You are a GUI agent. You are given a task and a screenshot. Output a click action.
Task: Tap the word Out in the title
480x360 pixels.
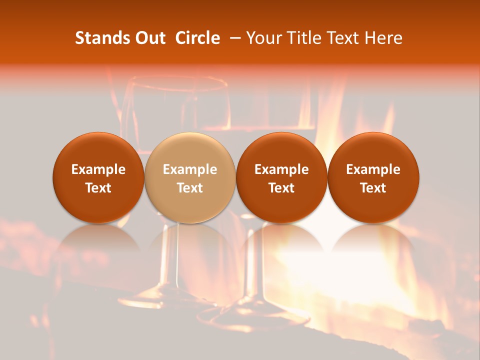(x=150, y=38)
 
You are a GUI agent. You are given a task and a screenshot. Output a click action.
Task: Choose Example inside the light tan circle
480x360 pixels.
(x=190, y=169)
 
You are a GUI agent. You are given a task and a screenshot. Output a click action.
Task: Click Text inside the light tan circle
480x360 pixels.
(x=190, y=188)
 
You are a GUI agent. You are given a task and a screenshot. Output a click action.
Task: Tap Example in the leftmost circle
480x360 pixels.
(x=98, y=169)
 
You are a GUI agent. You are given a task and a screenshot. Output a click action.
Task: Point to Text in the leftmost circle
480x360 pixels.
(x=98, y=188)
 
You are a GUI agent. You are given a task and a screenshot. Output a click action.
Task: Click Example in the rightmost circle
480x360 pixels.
(x=373, y=169)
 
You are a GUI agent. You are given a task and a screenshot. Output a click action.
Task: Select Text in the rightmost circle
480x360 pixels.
(x=373, y=188)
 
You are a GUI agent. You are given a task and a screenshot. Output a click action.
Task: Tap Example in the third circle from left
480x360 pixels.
(x=281, y=169)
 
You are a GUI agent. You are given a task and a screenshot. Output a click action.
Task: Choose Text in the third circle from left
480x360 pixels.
(x=281, y=188)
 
